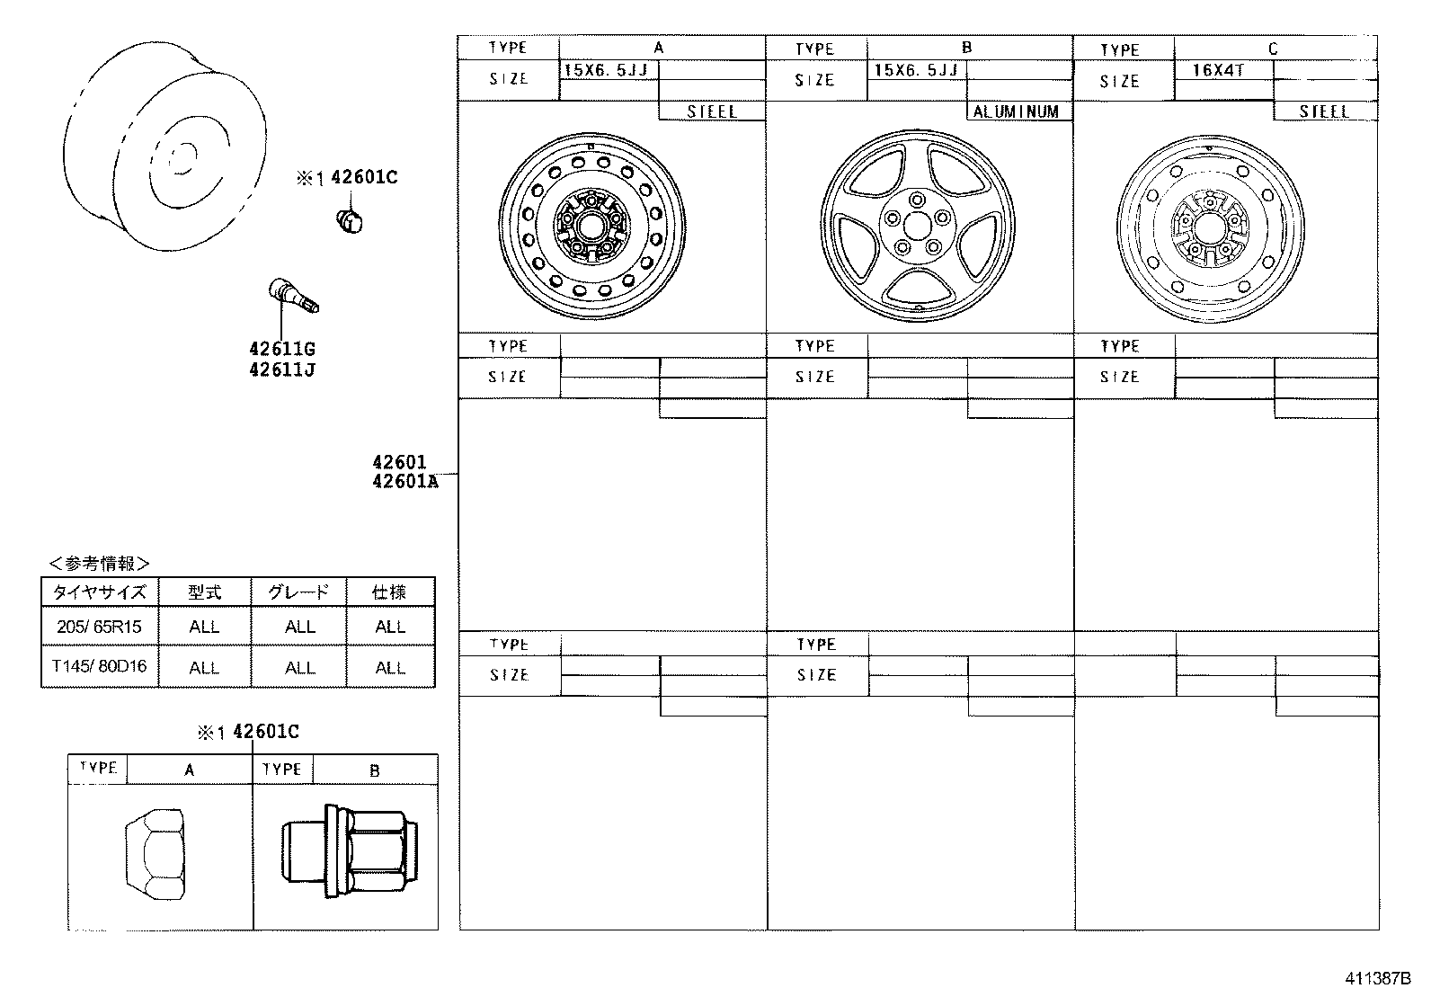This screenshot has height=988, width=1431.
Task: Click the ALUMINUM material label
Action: pyautogui.click(x=1017, y=112)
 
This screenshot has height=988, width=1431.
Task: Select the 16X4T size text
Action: pyautogui.click(x=1217, y=69)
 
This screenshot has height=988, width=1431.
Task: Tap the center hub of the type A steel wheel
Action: pyautogui.click(x=591, y=225)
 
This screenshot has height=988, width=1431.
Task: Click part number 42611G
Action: pyautogui.click(x=282, y=349)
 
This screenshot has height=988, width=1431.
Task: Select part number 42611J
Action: pyautogui.click(x=282, y=369)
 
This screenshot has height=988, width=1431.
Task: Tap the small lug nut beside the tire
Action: pyautogui.click(x=350, y=219)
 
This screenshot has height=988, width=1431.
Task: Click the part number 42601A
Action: pyautogui.click(x=404, y=482)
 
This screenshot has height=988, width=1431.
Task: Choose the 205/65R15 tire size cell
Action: pyautogui.click(x=99, y=627)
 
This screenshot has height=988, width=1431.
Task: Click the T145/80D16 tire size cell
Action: pyautogui.click(x=99, y=667)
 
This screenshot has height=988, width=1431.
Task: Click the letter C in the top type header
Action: pyautogui.click(x=1273, y=49)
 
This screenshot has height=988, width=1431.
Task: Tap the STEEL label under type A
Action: pyautogui.click(x=711, y=112)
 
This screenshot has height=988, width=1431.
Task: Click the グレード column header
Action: pyautogui.click(x=298, y=592)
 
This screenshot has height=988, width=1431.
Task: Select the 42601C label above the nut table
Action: pyautogui.click(x=265, y=732)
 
